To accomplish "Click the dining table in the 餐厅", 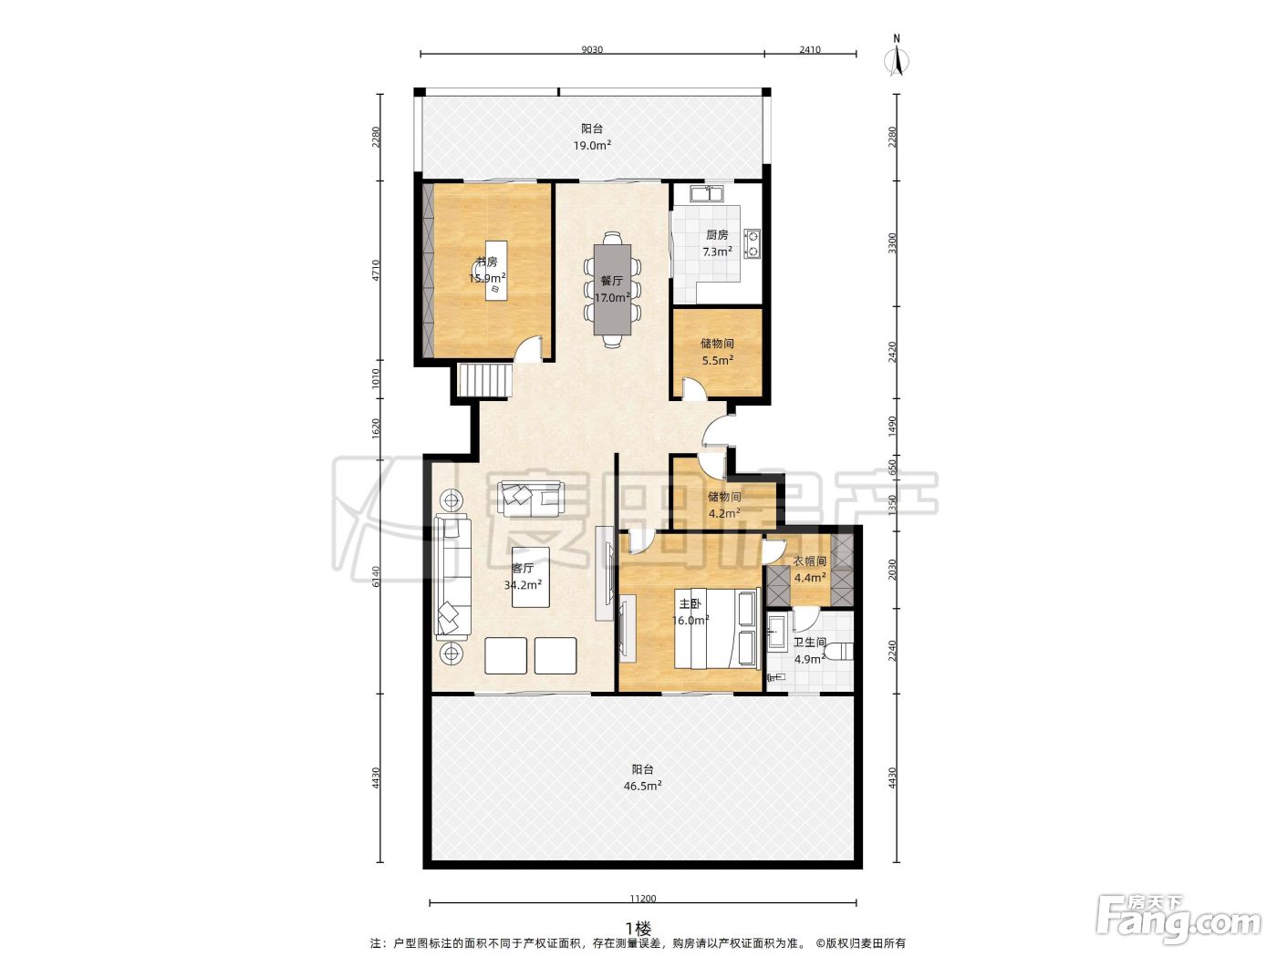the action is pos(611,289).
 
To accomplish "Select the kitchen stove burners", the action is pos(753,243).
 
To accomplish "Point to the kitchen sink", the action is pos(706,192).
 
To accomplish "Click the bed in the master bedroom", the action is pos(717,629).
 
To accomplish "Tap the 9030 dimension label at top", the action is pos(592,49).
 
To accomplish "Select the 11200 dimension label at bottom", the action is pos(642,899).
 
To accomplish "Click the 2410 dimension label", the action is pos(809,49).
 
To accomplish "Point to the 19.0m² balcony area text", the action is pos(592,145).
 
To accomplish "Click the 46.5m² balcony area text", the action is pos(642,787).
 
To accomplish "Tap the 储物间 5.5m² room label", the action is pos(717,352).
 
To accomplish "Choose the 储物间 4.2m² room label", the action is pos(723,504).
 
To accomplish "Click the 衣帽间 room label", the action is pos(810,561).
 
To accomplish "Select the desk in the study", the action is pos(496,271).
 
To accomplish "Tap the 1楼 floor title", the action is pos(638,929).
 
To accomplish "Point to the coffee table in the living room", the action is pos(531,577).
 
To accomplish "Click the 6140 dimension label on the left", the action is pos(376,576).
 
